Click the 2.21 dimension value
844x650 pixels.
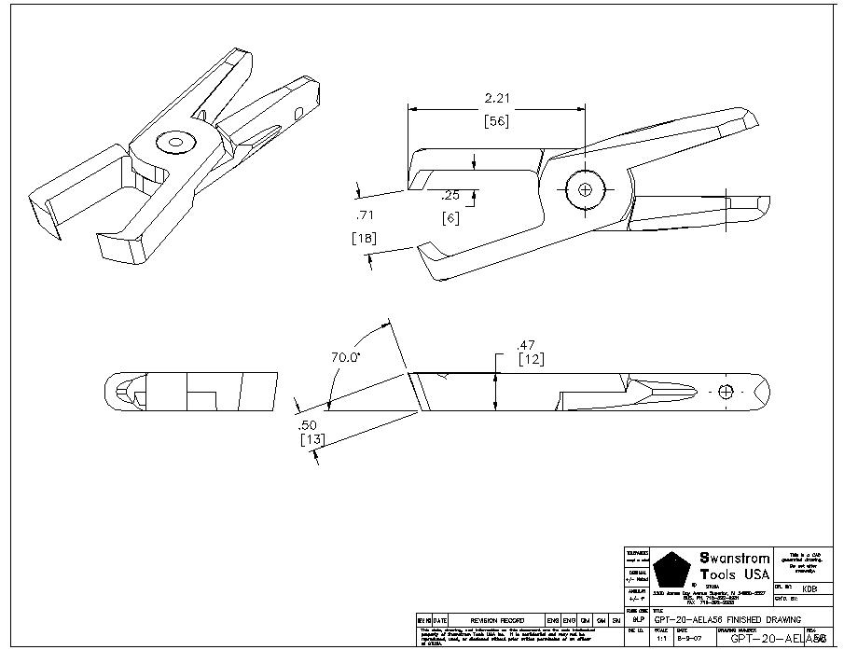(496, 98)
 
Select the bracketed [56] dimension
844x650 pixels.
(496, 119)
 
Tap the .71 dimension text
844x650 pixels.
(363, 215)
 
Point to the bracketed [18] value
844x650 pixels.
(364, 238)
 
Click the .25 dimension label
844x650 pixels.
(450, 196)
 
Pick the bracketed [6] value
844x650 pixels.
(450, 217)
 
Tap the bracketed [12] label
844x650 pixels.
(531, 360)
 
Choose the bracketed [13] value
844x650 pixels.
(311, 440)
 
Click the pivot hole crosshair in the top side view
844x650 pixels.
(586, 189)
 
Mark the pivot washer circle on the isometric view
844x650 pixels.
(174, 142)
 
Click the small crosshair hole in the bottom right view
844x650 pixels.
(728, 390)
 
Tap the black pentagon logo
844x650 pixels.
(671, 569)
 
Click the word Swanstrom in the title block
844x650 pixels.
(735, 559)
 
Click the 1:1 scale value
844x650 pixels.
(661, 639)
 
